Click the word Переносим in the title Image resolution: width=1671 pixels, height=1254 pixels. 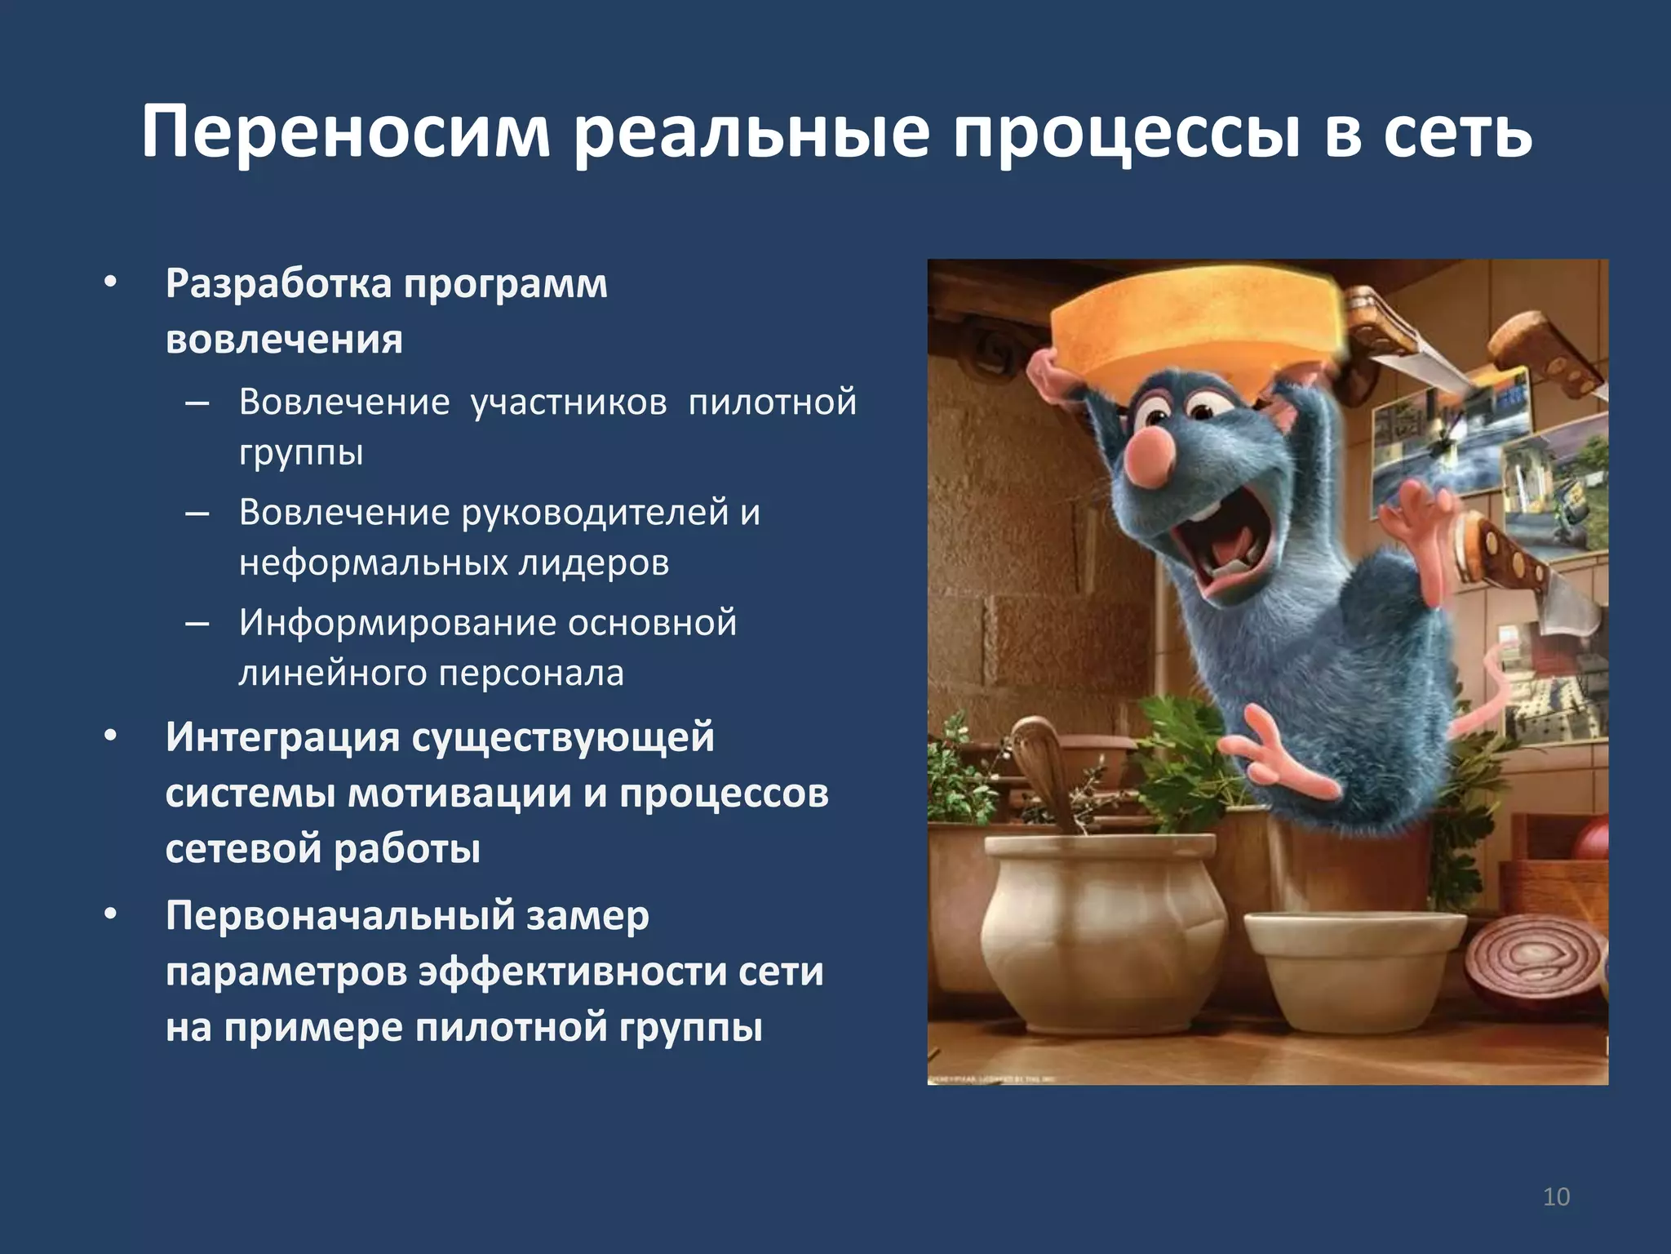(346, 131)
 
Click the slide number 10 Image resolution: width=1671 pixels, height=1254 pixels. (1556, 1197)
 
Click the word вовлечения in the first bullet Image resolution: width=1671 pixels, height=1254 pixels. (284, 340)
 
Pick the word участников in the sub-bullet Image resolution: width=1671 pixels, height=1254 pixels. (569, 402)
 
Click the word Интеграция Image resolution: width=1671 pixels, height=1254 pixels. (281, 737)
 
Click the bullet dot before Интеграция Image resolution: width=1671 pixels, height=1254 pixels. (111, 736)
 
